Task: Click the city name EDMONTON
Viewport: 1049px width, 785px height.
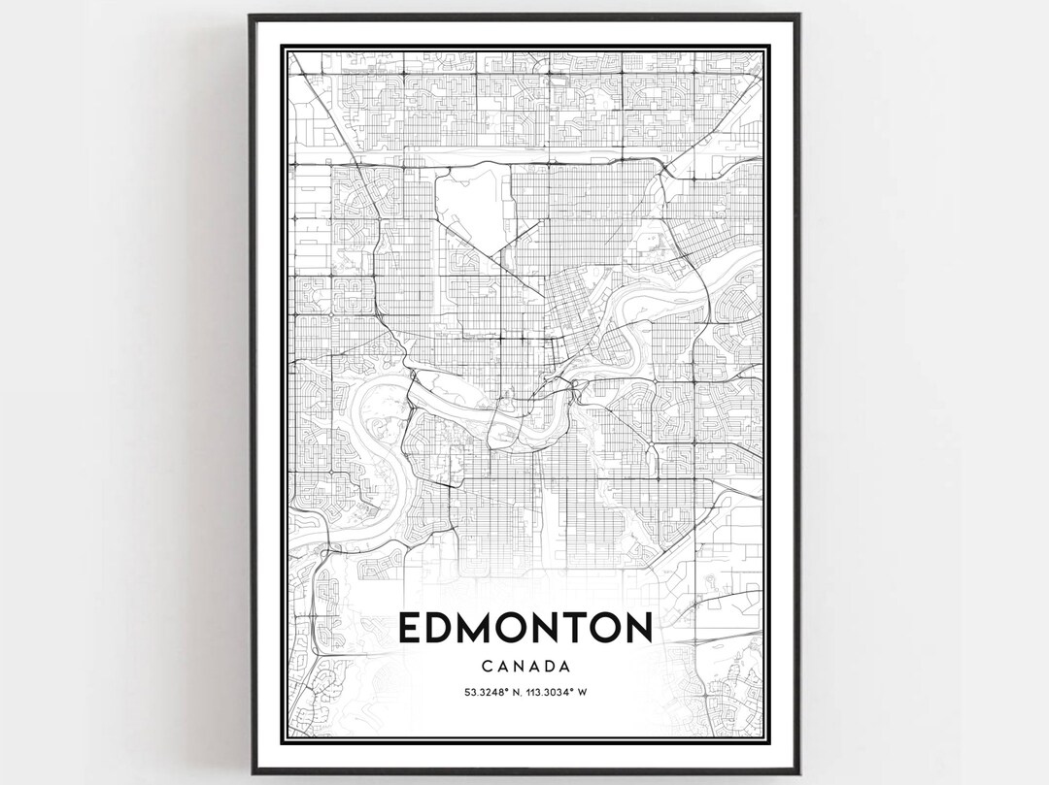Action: [524, 629]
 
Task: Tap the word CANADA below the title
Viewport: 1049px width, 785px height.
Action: [524, 667]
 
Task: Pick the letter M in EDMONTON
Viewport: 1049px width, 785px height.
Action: [479, 629]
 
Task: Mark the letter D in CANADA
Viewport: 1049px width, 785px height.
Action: [545, 667]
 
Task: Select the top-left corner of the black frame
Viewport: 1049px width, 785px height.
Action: [251, 16]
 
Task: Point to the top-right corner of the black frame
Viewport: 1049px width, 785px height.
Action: [799, 16]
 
